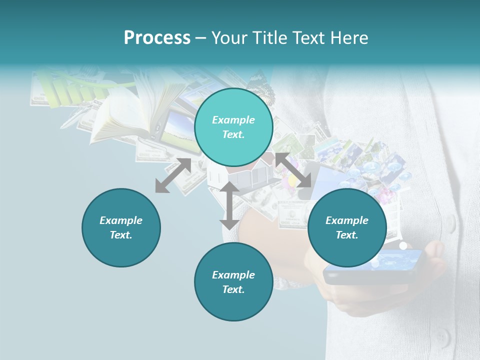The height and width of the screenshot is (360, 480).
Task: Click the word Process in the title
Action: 157,38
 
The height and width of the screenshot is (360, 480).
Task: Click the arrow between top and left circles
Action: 173,175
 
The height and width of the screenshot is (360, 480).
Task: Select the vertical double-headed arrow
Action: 229,205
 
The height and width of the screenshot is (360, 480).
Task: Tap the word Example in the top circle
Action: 233,120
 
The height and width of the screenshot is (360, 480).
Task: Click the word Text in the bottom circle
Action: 233,289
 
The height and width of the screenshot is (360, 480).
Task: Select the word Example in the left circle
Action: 121,220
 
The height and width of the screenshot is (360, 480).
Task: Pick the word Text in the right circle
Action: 347,235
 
